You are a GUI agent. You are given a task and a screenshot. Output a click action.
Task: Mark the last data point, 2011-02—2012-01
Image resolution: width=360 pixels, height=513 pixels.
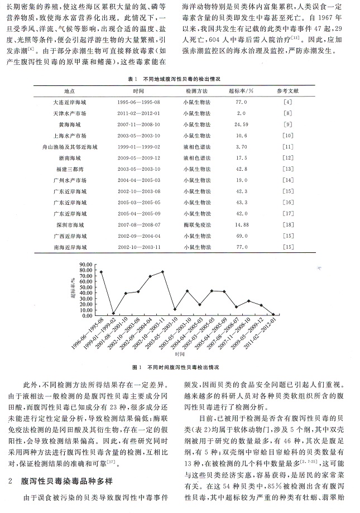(273, 314)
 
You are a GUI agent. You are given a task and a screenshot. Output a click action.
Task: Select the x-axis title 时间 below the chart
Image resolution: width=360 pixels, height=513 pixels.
(179, 354)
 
